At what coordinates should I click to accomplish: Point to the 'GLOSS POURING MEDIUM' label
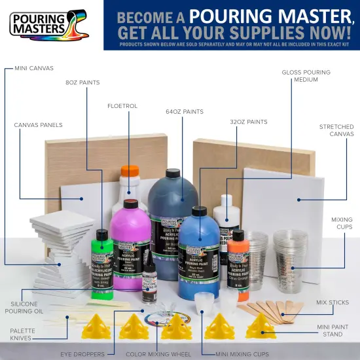tap(306, 75)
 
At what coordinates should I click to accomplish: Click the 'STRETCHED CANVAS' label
tap(336, 130)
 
